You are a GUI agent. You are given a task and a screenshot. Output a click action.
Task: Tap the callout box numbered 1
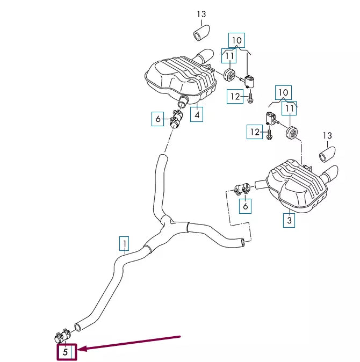(124, 244)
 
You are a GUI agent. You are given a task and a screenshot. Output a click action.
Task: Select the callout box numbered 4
(197, 114)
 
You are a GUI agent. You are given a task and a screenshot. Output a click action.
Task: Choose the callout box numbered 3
(289, 220)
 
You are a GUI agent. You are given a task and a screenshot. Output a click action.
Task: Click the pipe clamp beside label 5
(60, 337)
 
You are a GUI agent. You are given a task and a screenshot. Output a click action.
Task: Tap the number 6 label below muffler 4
(157, 119)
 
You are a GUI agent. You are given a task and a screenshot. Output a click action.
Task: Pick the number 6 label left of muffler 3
(246, 205)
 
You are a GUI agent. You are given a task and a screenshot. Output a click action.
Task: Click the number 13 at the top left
(201, 15)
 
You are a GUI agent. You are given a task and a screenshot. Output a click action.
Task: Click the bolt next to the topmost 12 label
(251, 98)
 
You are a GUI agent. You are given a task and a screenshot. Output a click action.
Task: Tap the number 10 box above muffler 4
(237, 39)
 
